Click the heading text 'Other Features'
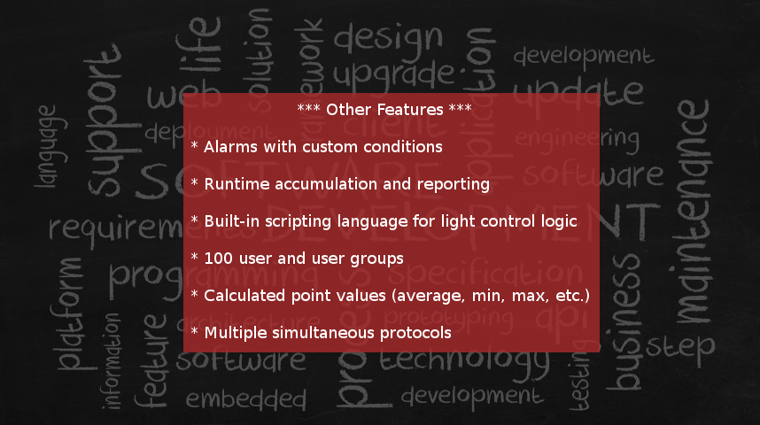(x=384, y=110)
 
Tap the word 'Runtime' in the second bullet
(x=236, y=184)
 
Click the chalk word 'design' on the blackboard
(x=387, y=36)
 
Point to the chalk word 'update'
(x=578, y=91)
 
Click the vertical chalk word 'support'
(x=104, y=124)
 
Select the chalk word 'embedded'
(x=245, y=398)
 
